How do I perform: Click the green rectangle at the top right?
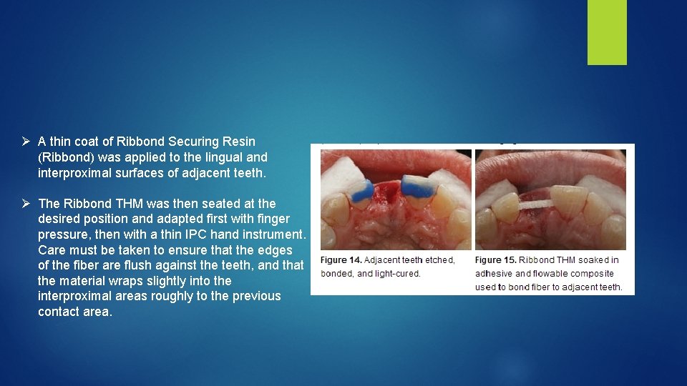tap(607, 32)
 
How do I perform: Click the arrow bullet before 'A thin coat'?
tap(25, 142)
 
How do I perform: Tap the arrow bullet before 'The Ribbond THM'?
tap(25, 204)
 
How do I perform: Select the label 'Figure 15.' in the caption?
tap(495, 260)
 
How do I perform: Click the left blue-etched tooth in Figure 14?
tap(362, 191)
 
